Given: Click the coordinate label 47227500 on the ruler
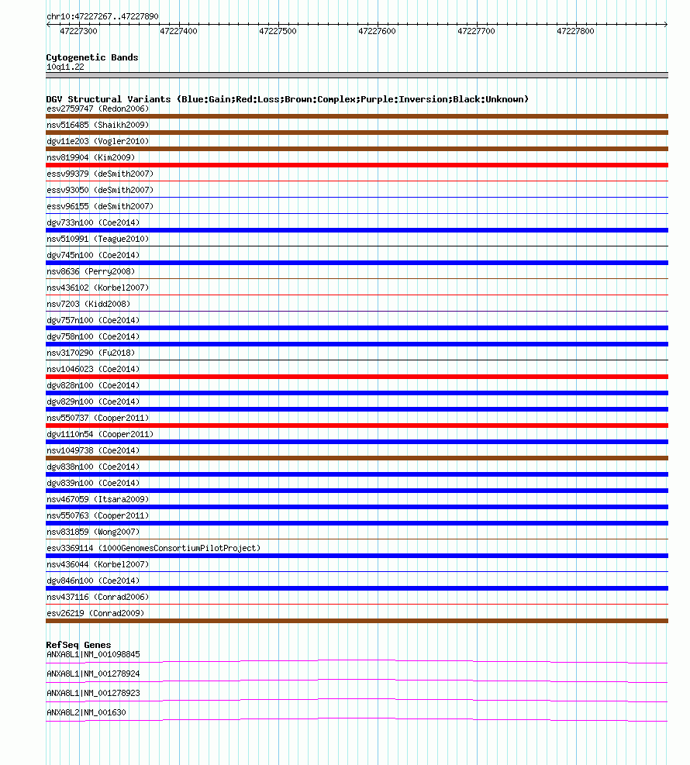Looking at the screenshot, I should tap(278, 31).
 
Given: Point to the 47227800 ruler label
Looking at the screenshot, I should tap(575, 31).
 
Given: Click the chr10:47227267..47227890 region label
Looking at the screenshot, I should tap(102, 16).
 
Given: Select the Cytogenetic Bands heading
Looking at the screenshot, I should tap(92, 57).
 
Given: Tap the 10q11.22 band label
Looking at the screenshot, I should tap(65, 67).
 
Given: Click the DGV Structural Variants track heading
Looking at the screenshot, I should tap(287, 99).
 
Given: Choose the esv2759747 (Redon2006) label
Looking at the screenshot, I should tap(98, 109).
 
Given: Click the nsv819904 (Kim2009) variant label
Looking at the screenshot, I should tap(90, 157).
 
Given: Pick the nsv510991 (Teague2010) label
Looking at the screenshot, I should tap(98, 239).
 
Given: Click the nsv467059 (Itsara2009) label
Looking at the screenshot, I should tap(98, 499).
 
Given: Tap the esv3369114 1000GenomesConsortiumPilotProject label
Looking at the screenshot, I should tap(154, 548).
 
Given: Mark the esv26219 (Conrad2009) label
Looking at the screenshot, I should tap(95, 613).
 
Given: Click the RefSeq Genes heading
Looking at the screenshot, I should tap(78, 645).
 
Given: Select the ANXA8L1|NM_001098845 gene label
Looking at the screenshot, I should tap(93, 654).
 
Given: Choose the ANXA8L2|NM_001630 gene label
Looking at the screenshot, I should tap(86, 712).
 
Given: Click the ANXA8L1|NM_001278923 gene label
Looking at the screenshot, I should tap(93, 693).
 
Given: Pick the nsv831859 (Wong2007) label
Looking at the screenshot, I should tap(92, 532).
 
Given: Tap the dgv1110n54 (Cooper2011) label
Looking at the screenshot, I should tap(100, 434).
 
